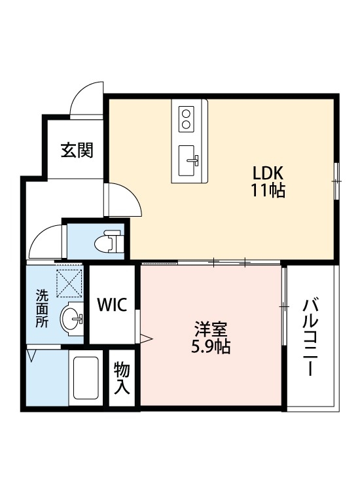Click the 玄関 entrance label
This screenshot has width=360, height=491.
[x=77, y=151]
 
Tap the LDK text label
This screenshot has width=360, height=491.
[x=268, y=173]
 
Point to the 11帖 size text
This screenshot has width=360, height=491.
[x=268, y=191]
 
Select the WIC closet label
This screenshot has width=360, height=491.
[x=112, y=304]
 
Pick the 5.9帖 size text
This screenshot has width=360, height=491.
[x=211, y=346]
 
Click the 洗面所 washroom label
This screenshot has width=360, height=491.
[x=42, y=308]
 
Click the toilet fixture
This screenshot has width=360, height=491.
[x=109, y=241]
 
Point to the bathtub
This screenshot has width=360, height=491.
[x=85, y=378]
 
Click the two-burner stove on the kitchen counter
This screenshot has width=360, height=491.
[x=186, y=118]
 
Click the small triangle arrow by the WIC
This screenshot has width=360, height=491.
[x=146, y=338]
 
